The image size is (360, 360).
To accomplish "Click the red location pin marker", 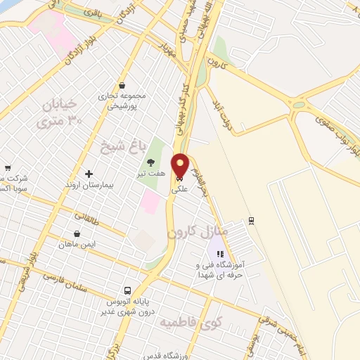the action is coord(181,166).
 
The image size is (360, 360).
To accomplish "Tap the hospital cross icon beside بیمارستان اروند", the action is coord(89,173).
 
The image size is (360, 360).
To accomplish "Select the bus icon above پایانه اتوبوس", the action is coord(127,290).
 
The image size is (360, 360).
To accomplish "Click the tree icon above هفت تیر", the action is coord(150,162).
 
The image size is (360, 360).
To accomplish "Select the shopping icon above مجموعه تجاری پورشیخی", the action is coord(122,85).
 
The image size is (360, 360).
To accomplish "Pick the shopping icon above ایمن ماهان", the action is coord(77,233).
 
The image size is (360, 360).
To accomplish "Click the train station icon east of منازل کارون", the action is coord(251,221).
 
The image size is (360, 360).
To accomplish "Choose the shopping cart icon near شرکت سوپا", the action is coord(8,168).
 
